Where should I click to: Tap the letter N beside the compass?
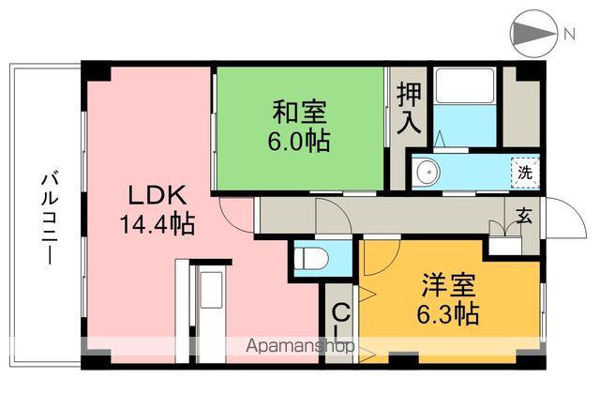coord(569,35)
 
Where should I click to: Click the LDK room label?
coord(157,198)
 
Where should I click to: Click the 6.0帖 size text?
coord(299,142)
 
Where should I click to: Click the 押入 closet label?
coord(409,109)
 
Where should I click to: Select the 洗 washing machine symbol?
coord(526,172)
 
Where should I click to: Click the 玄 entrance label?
coord(524,216)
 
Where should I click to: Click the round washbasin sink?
coord(427,172)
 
